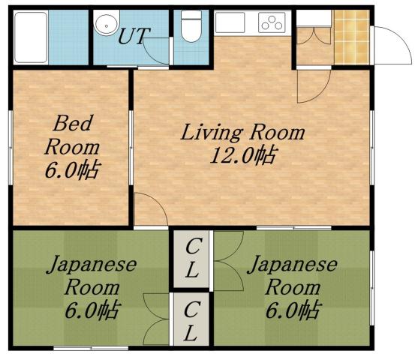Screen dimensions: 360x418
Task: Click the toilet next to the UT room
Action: [191, 28]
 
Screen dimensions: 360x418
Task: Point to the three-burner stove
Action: [273, 22]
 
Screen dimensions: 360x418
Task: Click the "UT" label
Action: [134, 35]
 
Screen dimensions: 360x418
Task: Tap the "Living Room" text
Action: [244, 133]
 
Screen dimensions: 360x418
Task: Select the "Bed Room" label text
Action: [73, 133]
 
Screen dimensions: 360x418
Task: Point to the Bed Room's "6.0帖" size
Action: [73, 169]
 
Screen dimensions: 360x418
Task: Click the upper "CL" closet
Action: [192, 258]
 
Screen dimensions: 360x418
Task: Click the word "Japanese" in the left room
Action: [92, 264]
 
